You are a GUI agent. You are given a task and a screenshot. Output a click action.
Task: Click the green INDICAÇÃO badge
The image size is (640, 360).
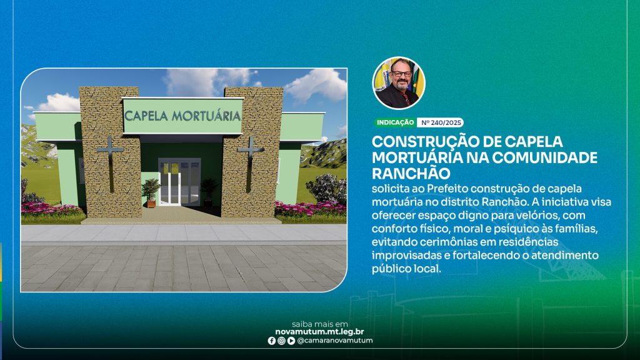point(395,122)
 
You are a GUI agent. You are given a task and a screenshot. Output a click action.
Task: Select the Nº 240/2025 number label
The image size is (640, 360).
point(441,122)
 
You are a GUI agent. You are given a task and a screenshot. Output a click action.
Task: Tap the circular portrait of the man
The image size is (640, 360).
point(399,83)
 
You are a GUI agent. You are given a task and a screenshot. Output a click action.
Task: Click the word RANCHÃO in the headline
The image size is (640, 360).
point(411,174)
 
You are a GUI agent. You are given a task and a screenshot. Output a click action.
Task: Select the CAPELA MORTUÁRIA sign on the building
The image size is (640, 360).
point(182,116)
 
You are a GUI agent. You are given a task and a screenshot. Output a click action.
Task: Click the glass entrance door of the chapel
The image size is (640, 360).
point(179,182)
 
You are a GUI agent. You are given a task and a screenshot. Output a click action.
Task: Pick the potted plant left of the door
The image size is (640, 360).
point(151,192)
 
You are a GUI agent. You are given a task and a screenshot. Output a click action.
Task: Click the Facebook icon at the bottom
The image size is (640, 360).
point(271,341)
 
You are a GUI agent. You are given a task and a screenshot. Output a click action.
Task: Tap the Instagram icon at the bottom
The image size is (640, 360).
point(281,341)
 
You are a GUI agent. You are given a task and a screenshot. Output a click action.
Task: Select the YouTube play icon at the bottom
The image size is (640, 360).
point(291,341)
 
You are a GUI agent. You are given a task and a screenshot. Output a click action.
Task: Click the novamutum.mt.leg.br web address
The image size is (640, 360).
point(319,332)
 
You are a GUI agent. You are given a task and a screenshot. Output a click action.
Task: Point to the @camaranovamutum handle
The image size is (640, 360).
point(335,341)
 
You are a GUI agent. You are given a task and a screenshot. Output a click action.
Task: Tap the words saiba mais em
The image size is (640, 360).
point(320,324)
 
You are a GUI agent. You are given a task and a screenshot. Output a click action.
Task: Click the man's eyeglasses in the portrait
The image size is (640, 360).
point(401,74)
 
